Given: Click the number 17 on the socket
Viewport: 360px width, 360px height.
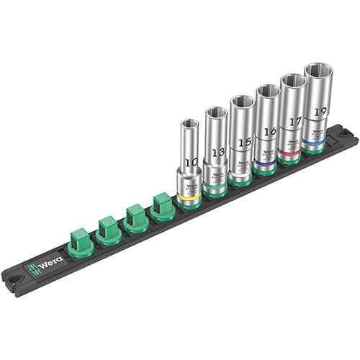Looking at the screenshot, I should click(292, 122).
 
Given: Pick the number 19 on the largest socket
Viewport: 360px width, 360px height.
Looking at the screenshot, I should click(320, 112).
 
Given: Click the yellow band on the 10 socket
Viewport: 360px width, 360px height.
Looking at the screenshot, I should click(189, 195).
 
